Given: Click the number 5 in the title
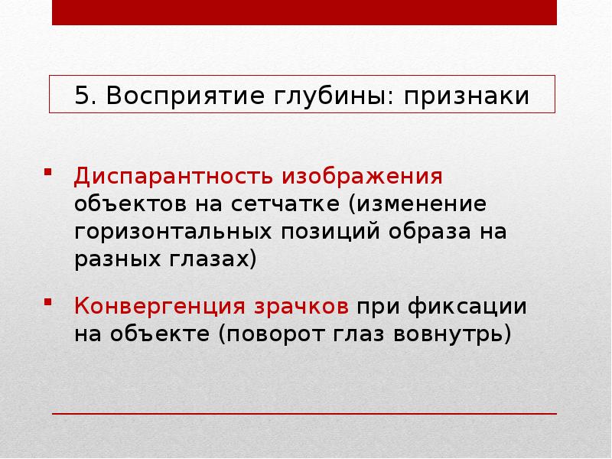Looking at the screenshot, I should (x=81, y=97).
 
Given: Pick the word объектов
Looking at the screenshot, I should (x=129, y=204).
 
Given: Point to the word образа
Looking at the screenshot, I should (x=437, y=231).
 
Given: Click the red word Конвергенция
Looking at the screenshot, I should (x=158, y=308).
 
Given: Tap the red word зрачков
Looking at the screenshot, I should (x=301, y=308).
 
